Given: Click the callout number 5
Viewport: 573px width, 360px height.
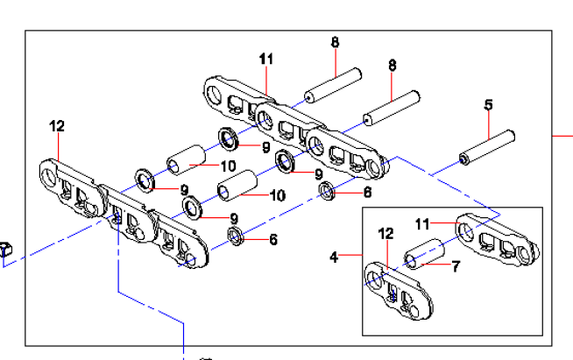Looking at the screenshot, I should [x=489, y=105].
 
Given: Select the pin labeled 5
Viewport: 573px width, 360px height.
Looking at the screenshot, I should [x=487, y=147].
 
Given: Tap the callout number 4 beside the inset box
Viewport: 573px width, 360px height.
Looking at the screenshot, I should [x=334, y=257].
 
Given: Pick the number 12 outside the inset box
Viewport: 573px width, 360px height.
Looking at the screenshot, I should [x=57, y=126].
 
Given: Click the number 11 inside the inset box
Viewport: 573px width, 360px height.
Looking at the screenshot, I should [x=423, y=224].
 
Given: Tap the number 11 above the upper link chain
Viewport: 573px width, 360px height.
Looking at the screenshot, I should [x=266, y=59].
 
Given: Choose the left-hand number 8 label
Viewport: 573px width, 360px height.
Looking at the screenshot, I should [x=335, y=41].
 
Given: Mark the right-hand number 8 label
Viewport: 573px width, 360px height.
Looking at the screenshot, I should [x=393, y=65].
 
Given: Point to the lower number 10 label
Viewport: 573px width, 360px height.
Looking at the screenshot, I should [x=277, y=194].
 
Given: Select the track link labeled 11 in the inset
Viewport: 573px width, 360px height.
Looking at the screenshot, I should [x=495, y=239].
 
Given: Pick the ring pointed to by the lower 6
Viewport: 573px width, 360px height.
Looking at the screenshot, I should [x=235, y=236].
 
